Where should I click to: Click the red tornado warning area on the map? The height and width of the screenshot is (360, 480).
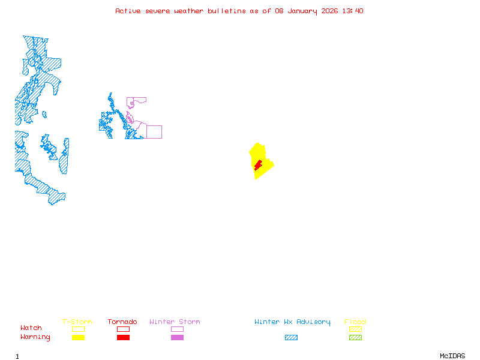257,164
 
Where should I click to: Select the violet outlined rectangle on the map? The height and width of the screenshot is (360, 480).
154,132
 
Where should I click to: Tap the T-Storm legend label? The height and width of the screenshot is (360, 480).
77,322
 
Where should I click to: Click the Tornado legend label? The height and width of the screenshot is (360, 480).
122,322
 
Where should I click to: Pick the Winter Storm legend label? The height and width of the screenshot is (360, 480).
175,322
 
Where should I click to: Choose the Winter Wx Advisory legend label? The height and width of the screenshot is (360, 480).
292,322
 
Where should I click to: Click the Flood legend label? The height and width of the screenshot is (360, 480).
355,322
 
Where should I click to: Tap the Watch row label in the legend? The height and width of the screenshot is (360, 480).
31,328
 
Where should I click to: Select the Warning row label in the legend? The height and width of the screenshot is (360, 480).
35,337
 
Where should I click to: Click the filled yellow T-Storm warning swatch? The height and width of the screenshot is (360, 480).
78,338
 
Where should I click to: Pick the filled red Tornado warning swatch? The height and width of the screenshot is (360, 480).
123,338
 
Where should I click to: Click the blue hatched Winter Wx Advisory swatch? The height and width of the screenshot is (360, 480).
291,338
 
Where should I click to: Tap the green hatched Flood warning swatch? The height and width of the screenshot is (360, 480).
355,338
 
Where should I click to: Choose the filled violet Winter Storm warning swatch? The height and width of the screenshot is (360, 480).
177,338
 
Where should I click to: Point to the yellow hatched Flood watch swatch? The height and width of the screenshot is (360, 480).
355,329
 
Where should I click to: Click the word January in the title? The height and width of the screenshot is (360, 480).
301,11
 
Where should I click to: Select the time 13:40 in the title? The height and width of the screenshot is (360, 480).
352,11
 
